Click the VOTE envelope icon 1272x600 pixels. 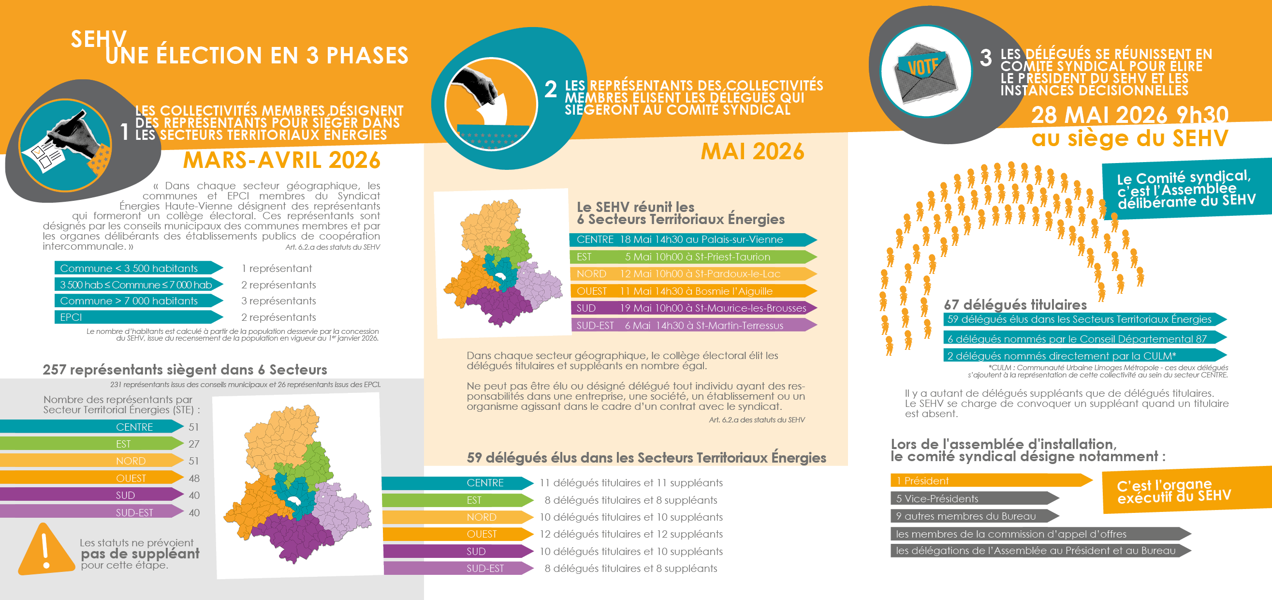pyautogui.click(x=925, y=72)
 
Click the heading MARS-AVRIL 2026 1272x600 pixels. pyautogui.click(x=281, y=161)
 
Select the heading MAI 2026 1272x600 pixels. pyautogui.click(x=752, y=152)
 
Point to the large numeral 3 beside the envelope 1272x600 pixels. pyautogui.click(x=986, y=59)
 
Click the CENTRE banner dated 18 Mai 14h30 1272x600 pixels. pyautogui.click(x=691, y=240)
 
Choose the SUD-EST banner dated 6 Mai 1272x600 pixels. pyautogui.click(x=691, y=325)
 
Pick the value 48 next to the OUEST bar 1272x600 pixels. pyautogui.click(x=194, y=479)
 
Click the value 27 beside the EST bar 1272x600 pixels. pyautogui.click(x=194, y=444)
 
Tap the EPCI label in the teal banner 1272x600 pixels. pyautogui.click(x=71, y=317)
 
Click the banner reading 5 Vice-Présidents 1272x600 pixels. pyautogui.click(x=973, y=498)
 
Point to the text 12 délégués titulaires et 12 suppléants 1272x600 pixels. pyautogui.click(x=630, y=534)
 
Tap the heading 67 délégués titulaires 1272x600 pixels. pyautogui.click(x=1015, y=304)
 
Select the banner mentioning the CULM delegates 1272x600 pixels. pyautogui.click(x=1082, y=356)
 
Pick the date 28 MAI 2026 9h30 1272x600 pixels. pyautogui.click(x=1129, y=115)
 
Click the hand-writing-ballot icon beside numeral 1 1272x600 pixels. pyautogui.click(x=65, y=145)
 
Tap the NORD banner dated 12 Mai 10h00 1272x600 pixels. pyautogui.click(x=691, y=274)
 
